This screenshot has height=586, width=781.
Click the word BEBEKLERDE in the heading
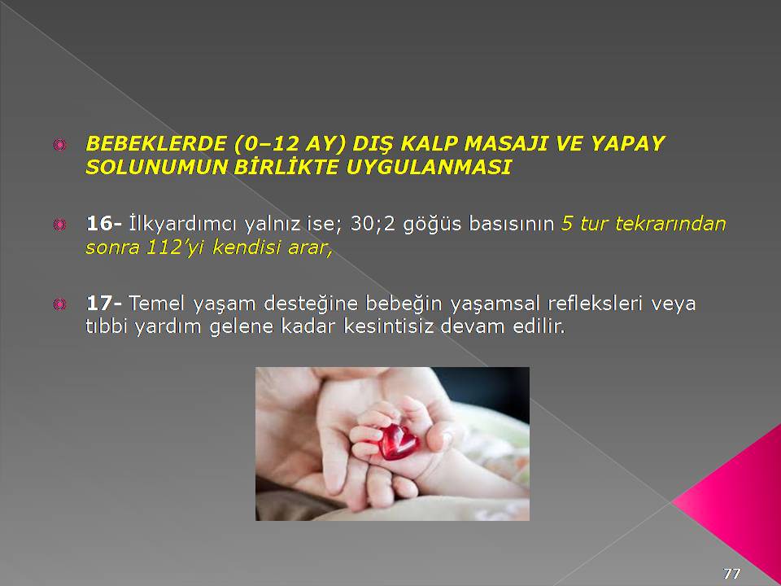157,143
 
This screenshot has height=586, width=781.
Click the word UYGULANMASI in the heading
429,167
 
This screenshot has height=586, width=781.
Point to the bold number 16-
104,223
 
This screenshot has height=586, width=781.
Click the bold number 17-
104,303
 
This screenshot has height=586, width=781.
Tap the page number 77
731,573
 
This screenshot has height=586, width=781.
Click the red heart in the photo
398,441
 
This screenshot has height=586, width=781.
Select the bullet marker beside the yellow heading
59,145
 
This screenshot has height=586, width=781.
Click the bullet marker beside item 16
59,225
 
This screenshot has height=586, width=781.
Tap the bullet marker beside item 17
59,304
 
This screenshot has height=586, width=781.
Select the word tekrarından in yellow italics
670,224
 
